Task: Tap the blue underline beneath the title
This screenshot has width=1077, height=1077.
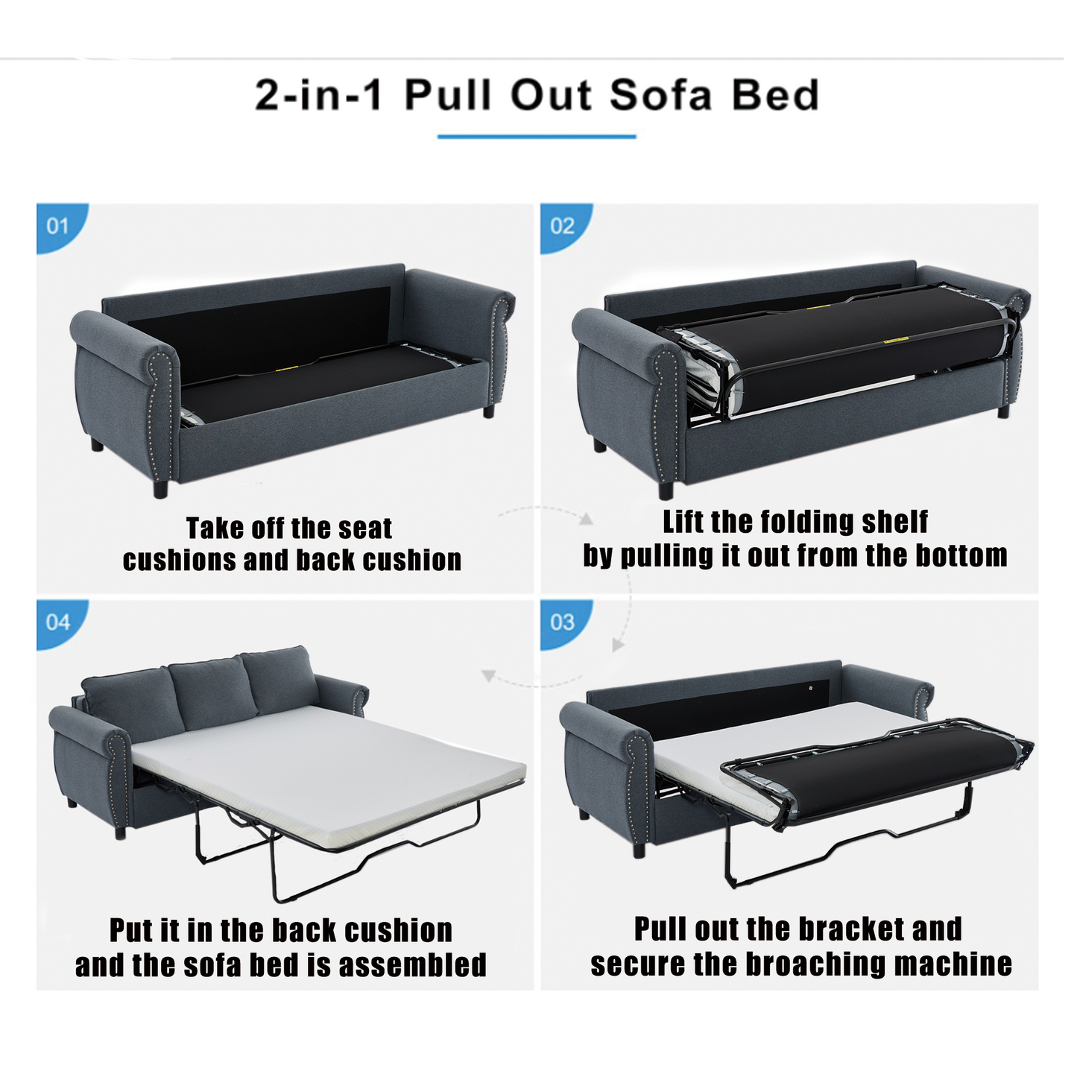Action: coord(537,136)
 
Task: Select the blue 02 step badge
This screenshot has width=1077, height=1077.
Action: coord(564,227)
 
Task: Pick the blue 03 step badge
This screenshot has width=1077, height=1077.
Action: coord(564,624)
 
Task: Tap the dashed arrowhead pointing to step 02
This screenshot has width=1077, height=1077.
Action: coord(586,519)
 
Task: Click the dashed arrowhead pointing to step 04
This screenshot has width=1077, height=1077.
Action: coord(488,676)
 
